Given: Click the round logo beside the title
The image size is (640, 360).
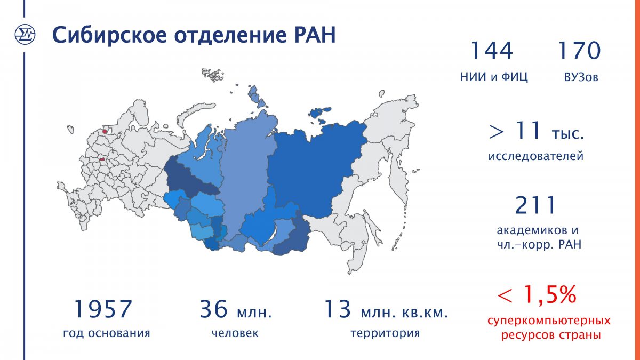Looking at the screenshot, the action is coord(25,35).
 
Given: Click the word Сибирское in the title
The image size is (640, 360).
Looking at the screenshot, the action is coord(109,35).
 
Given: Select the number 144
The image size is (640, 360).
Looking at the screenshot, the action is coord(492,51).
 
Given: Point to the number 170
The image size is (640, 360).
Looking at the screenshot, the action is coord(579,51).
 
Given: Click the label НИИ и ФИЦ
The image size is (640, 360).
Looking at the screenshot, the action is coord(494,77).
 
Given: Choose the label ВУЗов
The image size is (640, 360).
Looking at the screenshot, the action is coord(581,77).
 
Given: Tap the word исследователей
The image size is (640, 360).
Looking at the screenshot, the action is coord(535,156).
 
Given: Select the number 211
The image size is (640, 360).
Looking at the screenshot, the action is coord(535,205).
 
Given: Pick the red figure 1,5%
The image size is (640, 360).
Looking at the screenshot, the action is coord(550,294).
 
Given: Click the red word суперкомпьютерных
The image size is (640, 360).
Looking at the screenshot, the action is coord(549,321).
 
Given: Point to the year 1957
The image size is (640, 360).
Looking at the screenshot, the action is coord(103,309).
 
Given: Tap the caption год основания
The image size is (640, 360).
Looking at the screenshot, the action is coord(107,333).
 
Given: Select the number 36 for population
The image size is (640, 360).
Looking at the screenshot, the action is coord(213,309).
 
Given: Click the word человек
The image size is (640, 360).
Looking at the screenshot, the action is coord(235,333).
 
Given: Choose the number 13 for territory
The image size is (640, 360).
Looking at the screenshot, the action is coord(338,309).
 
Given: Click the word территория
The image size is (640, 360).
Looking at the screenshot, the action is coord(385,333).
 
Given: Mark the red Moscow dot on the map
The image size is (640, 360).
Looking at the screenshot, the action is coord(102,160).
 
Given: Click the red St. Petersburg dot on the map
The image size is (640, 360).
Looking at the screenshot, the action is coord(105,131).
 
